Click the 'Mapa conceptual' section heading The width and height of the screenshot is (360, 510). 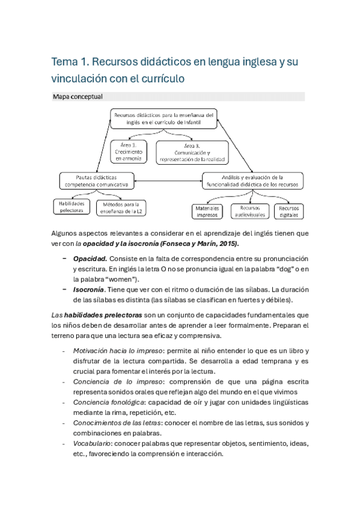click(x=78, y=97)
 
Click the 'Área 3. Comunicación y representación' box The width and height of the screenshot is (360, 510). click(x=192, y=152)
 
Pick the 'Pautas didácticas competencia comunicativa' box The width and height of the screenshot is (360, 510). click(x=97, y=181)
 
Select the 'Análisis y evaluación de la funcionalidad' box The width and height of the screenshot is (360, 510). click(x=252, y=181)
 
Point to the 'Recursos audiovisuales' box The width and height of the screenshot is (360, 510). click(x=249, y=210)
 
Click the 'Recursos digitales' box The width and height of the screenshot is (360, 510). click(x=288, y=210)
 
